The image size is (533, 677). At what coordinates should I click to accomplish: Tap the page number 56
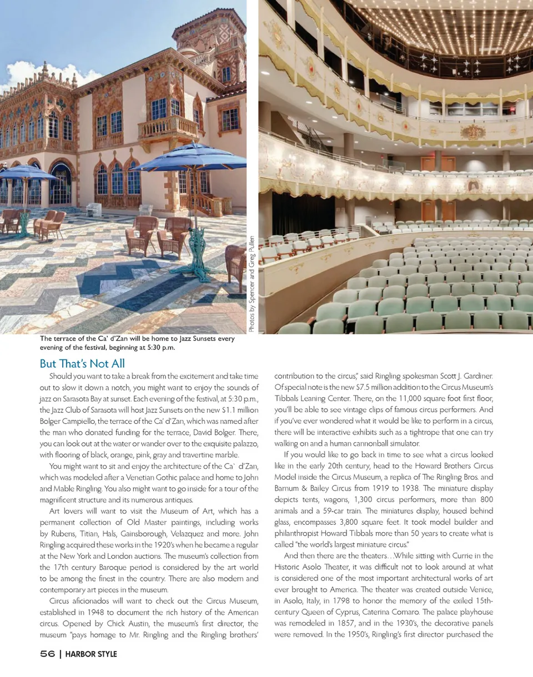point(43,654)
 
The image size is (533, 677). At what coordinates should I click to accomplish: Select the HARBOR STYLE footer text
point(90,654)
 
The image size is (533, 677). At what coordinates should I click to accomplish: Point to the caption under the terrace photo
point(137,343)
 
